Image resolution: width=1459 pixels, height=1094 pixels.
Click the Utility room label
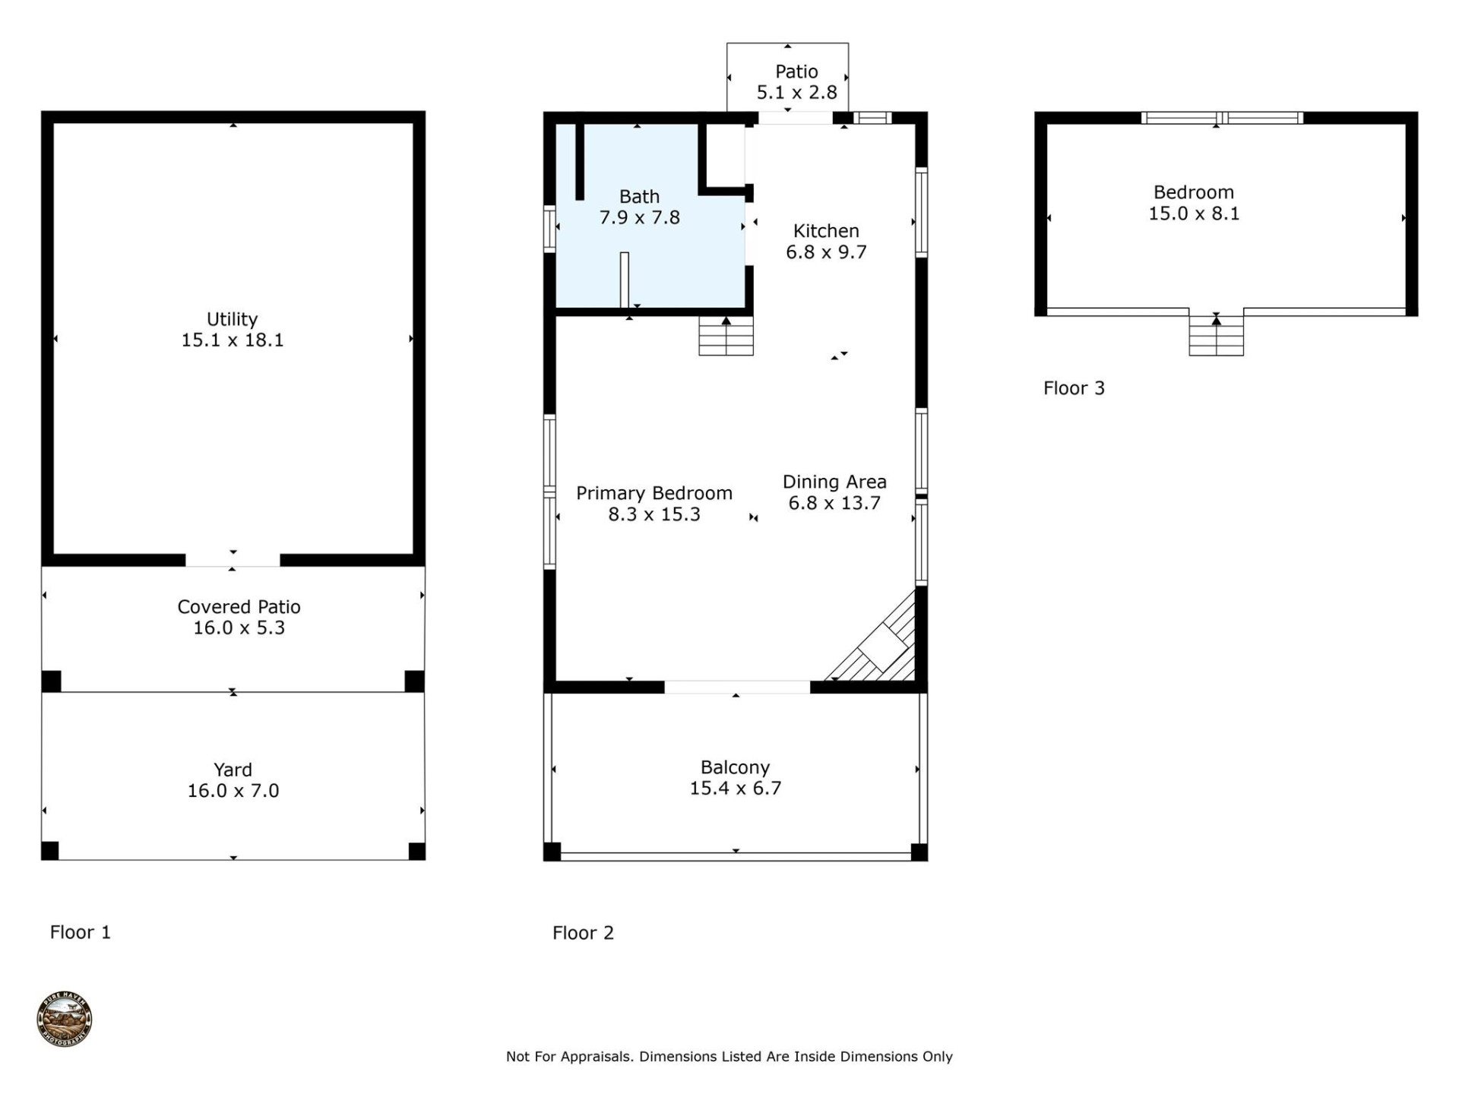232,319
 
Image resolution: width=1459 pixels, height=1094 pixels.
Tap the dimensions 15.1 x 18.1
232,340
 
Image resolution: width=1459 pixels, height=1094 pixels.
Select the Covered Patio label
239,607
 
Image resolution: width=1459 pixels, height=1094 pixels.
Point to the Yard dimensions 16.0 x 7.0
233,791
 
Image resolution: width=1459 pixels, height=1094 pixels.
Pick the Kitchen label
826,231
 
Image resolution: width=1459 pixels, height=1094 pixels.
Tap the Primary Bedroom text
654,494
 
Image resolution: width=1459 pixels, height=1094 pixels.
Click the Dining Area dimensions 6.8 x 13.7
834,503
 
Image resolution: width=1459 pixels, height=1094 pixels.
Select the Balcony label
735,767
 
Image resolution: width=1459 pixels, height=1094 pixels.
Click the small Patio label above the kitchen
796,71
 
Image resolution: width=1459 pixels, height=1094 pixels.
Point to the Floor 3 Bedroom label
1193,192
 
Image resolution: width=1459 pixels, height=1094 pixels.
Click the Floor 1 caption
81,932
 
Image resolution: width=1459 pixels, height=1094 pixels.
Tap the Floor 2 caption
583,933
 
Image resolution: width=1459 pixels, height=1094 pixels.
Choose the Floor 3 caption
1074,388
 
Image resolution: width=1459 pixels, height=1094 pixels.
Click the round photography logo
65,1019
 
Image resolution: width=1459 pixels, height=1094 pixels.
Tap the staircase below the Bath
726,337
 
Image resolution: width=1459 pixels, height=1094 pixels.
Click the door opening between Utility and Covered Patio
233,560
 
